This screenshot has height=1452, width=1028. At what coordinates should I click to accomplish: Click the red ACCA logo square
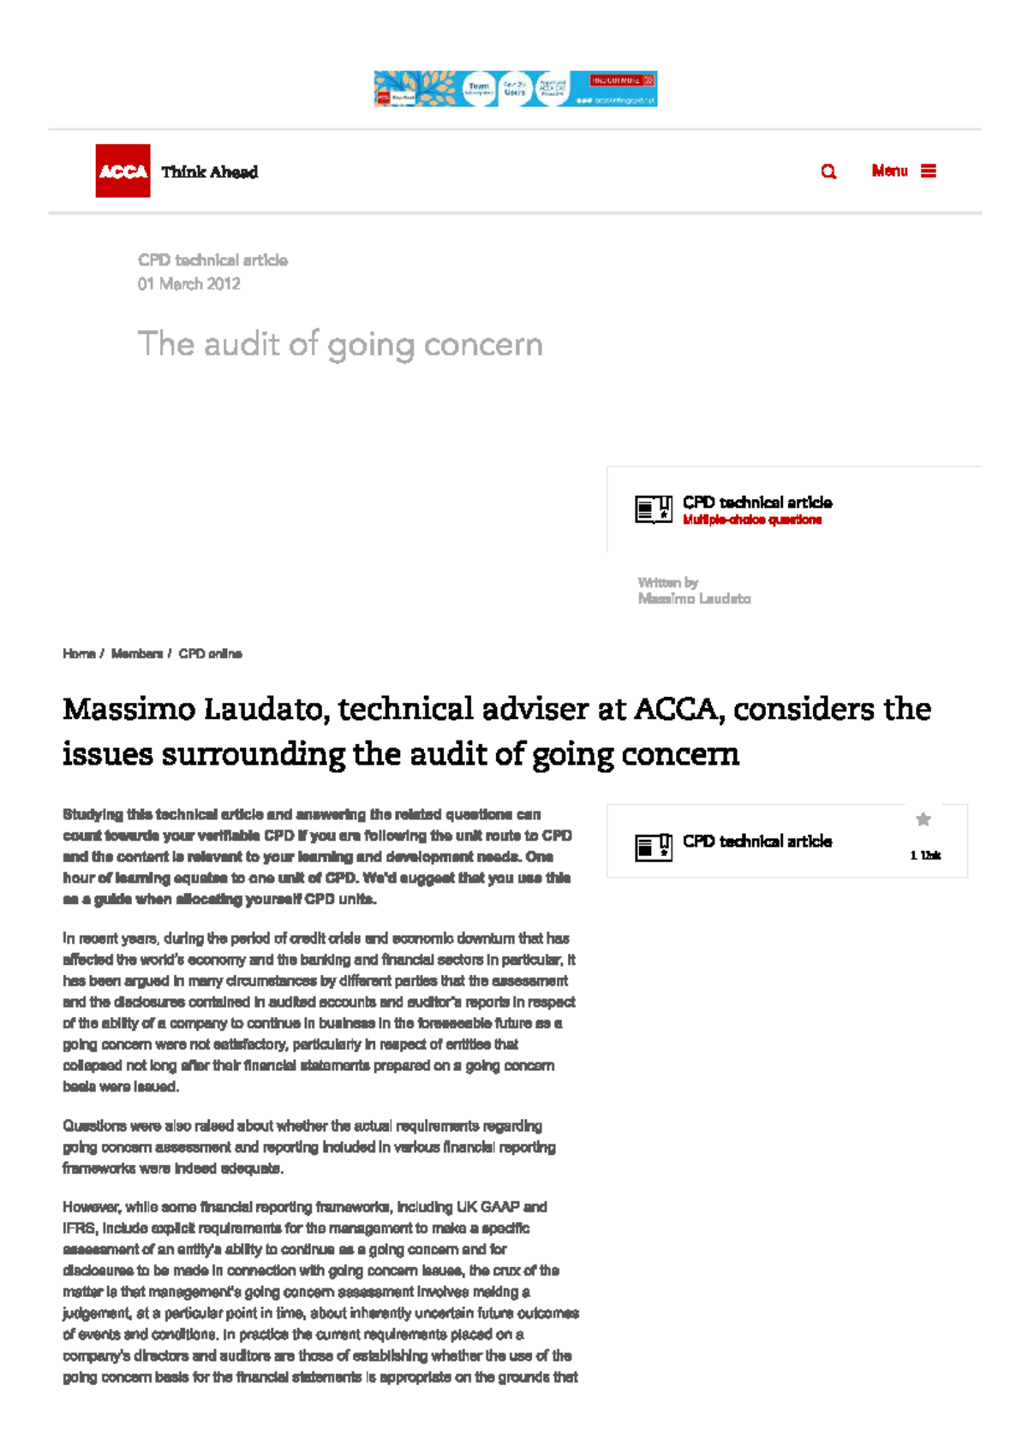coord(123,171)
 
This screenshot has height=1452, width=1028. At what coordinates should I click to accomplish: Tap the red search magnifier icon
coord(828,171)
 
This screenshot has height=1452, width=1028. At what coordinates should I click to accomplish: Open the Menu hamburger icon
coord(929,171)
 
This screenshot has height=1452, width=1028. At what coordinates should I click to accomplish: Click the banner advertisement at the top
coord(515,89)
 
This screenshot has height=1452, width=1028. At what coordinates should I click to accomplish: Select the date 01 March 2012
coord(188,284)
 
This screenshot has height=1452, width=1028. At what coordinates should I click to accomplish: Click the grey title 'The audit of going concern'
coord(340,344)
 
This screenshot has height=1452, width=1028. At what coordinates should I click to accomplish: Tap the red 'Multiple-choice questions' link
coord(751,520)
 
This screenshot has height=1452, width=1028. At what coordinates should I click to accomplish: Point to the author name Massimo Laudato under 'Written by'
coord(694,598)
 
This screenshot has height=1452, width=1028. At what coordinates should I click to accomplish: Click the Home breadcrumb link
coord(78,654)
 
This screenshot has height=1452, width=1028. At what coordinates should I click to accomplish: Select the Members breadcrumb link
coord(136,654)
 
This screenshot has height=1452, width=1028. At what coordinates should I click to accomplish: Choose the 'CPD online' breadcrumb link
coord(210,654)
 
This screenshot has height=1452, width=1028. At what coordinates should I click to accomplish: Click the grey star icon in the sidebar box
coord(923,819)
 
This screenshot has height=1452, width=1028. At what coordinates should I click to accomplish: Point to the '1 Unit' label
coord(925,855)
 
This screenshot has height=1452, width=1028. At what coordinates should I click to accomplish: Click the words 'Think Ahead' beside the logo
coord(209,172)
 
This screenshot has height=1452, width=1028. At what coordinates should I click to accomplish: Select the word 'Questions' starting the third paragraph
coord(94,1126)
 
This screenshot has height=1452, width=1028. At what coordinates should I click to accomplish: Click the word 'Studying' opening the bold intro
coord(93,814)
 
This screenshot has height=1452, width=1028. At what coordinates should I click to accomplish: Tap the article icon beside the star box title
coord(653,847)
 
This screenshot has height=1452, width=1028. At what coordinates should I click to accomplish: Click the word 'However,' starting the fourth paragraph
coord(92,1207)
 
